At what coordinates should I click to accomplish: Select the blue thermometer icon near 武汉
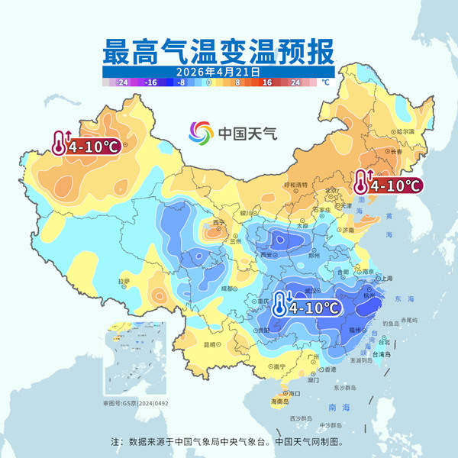(x=280, y=305)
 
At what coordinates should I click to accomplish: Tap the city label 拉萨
(x=124, y=282)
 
